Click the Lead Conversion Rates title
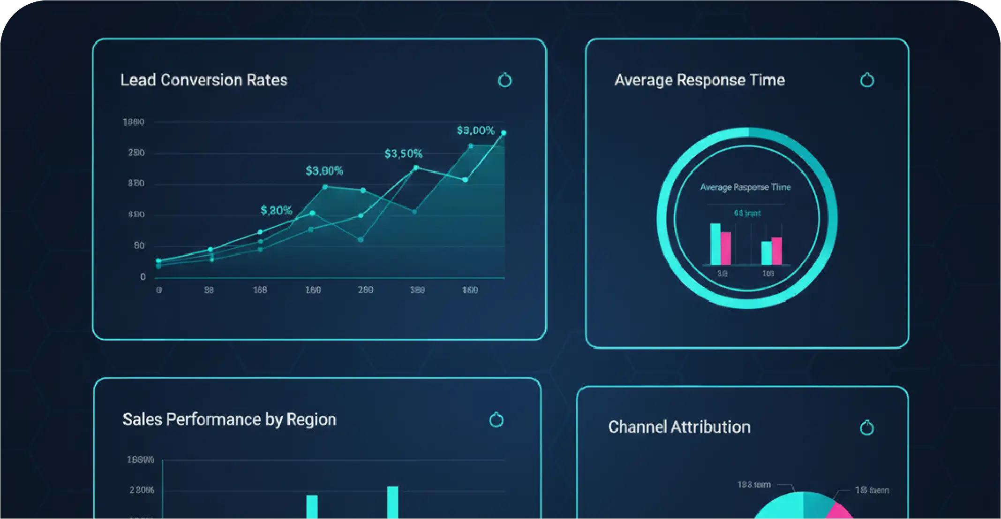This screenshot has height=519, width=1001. pos(203,80)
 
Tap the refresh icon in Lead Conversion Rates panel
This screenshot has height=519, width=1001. pos(504,80)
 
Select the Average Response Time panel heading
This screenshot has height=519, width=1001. pos(699,80)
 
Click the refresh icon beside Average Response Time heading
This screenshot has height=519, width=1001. pos(867,80)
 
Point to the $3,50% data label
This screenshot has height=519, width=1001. pos(403,153)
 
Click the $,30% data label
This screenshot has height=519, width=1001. pos(276,210)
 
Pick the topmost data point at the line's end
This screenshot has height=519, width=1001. pos(504,133)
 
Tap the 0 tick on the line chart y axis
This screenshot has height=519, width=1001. pos(143,277)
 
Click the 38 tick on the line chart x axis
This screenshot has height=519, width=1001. pos(209,290)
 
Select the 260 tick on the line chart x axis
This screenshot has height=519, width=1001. pos(365,290)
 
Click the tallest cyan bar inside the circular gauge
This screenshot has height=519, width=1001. pos(715,244)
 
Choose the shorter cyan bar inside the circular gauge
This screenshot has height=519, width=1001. pos(766,253)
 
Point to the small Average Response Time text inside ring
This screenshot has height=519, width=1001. pos(745,188)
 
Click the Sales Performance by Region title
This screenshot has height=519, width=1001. pos(229,419)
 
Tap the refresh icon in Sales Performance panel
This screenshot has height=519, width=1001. pos(496,420)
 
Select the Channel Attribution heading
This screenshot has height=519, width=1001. pos(679,427)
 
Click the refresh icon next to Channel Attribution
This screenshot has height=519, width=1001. pos(866,427)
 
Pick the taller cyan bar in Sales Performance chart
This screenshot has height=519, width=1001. pos(393,503)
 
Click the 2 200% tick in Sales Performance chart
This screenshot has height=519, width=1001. pos(142,490)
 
